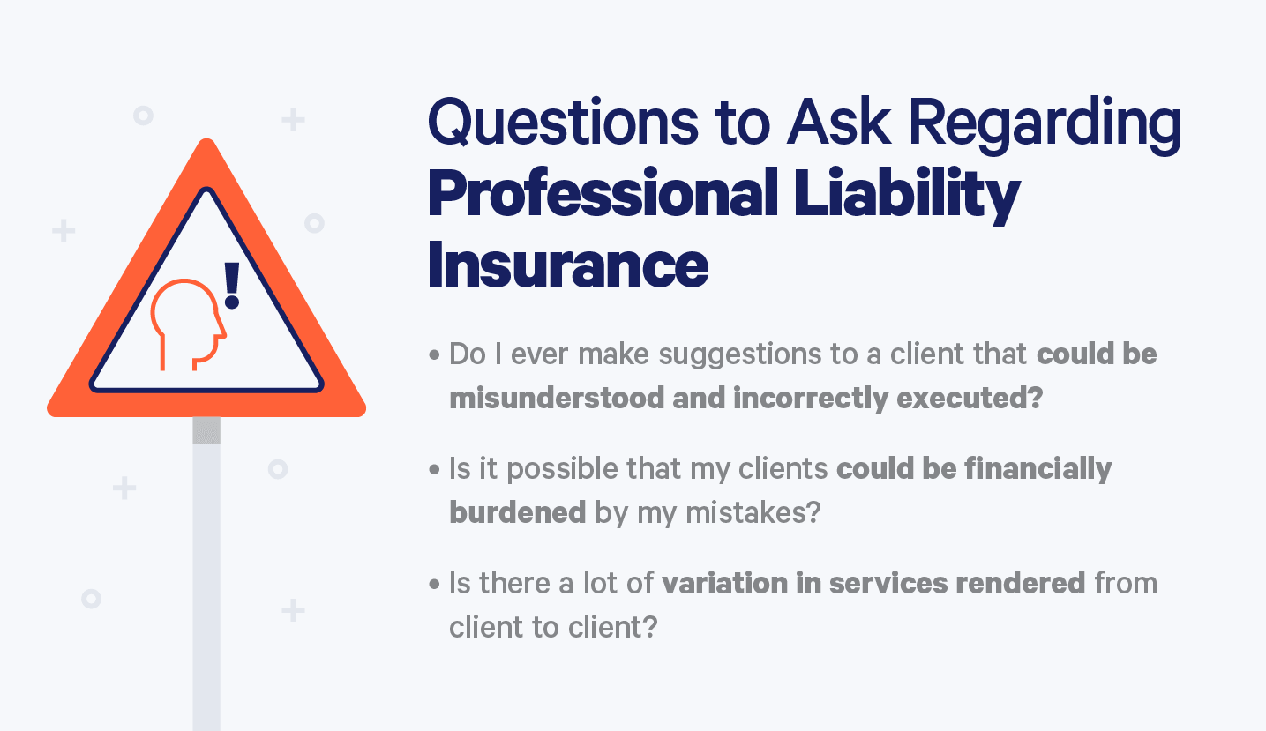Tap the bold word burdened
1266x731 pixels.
pos(517,512)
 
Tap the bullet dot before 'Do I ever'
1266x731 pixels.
pos(435,355)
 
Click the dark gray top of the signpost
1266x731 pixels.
pos(206,430)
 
